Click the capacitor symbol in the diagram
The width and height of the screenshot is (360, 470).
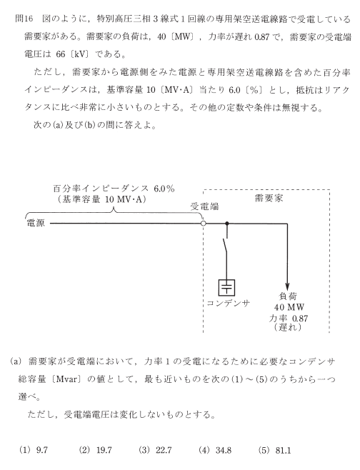(226, 287)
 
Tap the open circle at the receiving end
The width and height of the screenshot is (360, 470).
(204, 224)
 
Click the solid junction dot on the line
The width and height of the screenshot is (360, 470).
(227, 224)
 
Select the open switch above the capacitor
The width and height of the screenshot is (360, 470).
(225, 246)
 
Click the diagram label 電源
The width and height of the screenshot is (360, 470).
(36, 224)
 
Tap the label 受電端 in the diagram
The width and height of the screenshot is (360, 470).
(205, 206)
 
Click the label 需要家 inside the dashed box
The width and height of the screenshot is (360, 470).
(269, 198)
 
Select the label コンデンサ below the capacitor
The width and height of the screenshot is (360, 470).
(229, 304)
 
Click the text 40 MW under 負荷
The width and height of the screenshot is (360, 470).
(289, 307)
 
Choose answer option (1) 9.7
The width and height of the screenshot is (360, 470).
(34, 450)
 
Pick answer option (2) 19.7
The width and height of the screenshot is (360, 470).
(95, 450)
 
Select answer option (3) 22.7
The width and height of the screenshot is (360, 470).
(155, 450)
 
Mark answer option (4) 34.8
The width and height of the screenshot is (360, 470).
(214, 450)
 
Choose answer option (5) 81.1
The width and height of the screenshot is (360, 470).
(274, 450)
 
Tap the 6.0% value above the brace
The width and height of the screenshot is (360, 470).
(164, 189)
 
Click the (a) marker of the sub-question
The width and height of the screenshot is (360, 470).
(16, 361)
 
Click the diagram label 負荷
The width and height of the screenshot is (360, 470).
(288, 296)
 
